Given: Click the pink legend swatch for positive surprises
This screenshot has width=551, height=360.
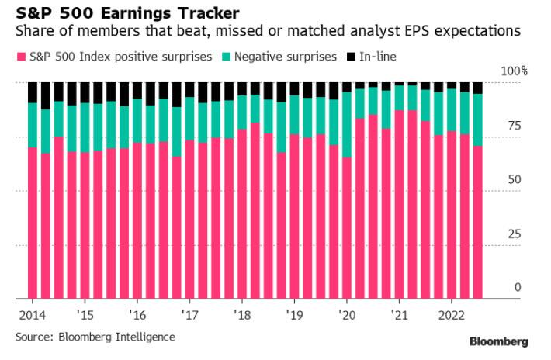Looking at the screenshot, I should (22, 57).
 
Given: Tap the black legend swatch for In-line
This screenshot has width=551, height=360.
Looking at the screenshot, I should (351, 57).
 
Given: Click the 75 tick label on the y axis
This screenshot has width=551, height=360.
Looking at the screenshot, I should (518, 126).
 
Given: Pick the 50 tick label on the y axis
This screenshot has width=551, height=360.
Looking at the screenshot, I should (518, 179).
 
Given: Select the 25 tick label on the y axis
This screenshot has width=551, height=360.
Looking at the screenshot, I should (518, 234).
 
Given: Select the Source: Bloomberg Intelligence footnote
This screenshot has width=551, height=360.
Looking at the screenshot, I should (95, 337).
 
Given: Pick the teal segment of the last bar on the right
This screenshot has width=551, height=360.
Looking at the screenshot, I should (477, 120).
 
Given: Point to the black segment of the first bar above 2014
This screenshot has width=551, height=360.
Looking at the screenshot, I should (33, 92).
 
